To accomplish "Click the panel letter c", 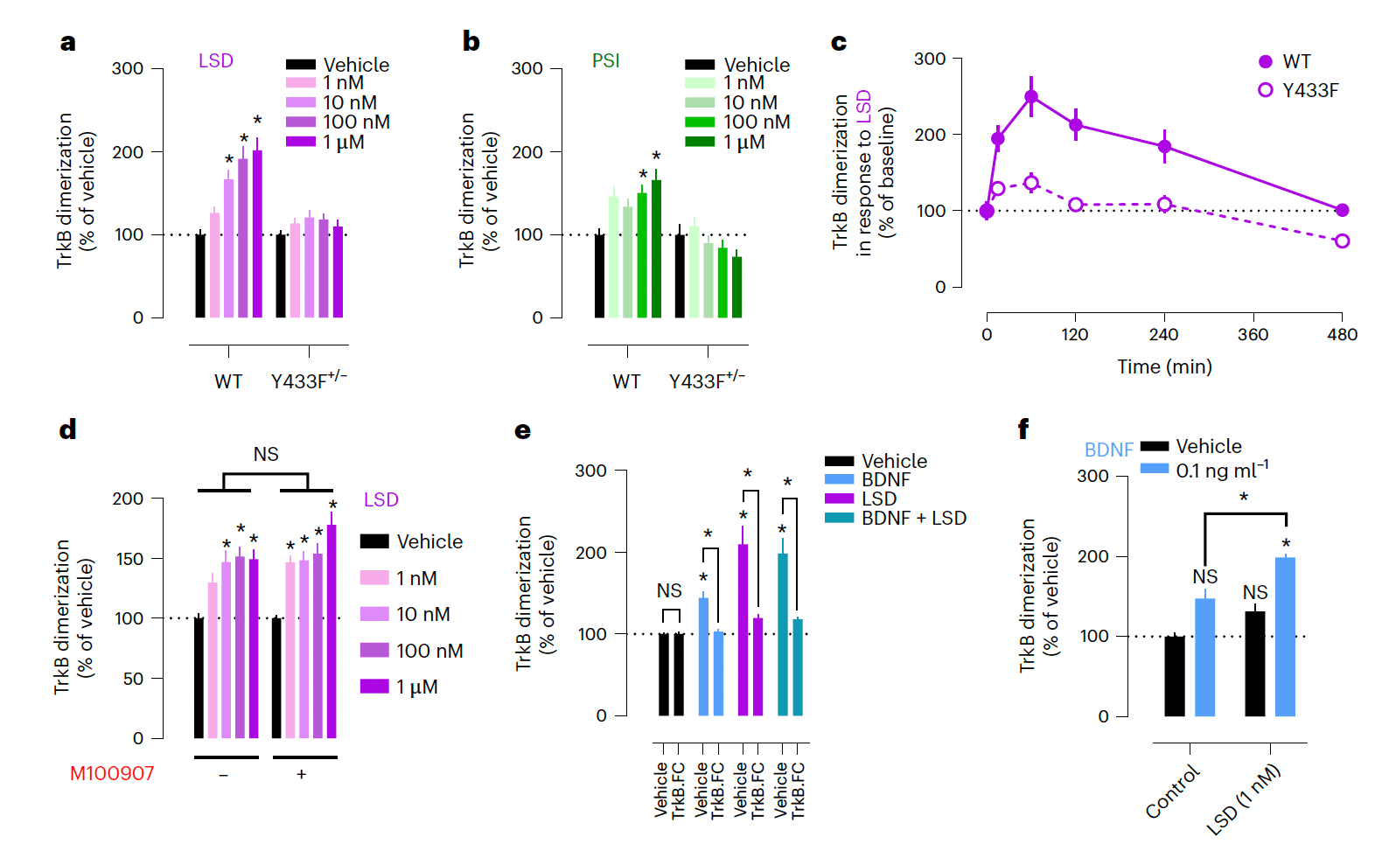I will [838, 43].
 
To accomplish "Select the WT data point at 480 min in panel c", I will [1342, 210].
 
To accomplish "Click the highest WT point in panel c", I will [1031, 97].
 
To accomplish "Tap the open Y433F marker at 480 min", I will [1342, 241].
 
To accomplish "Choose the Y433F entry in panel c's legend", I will [1309, 90].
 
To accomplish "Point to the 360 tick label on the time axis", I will [1253, 334].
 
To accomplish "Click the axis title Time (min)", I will [1163, 366].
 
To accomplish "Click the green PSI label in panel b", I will [605, 60].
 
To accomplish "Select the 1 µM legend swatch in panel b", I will [700, 142].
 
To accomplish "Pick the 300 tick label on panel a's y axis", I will [128, 68].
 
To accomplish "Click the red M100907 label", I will [112, 773].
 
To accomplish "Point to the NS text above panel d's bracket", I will [266, 454].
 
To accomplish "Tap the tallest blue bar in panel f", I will [1285, 637].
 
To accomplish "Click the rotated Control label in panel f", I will [1172, 792].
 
